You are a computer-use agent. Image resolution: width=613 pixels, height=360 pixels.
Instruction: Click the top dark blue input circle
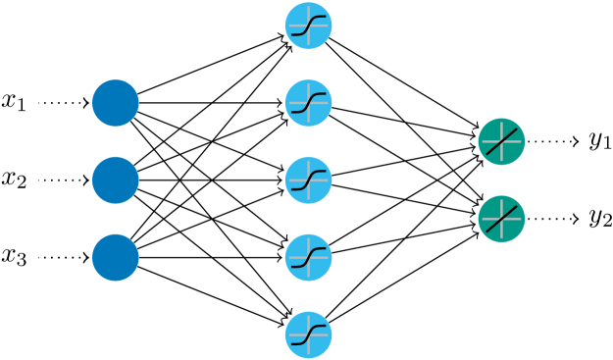[116, 103]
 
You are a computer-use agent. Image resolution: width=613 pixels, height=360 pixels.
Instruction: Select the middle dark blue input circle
[116, 180]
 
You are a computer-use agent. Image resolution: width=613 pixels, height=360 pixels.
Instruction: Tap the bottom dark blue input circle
[116, 257]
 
